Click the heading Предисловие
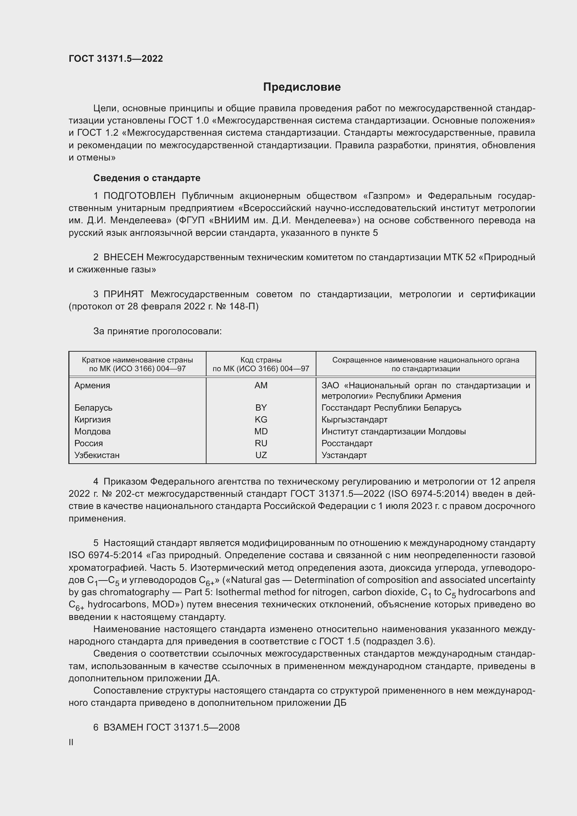click(x=302, y=87)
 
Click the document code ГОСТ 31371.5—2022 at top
click(x=116, y=59)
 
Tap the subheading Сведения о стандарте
click(x=147, y=178)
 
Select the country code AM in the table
click(x=261, y=385)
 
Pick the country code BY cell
click(x=261, y=407)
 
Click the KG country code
click(x=261, y=419)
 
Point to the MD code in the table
click(x=261, y=432)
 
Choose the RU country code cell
click(x=261, y=443)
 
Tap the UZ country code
click(x=261, y=455)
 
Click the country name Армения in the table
click(x=92, y=385)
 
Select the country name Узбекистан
click(x=97, y=455)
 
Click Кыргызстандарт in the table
click(x=354, y=419)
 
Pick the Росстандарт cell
click(x=347, y=443)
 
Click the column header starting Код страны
click(x=261, y=364)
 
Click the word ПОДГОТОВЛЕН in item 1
click(x=139, y=196)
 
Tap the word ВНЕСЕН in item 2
click(x=123, y=257)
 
